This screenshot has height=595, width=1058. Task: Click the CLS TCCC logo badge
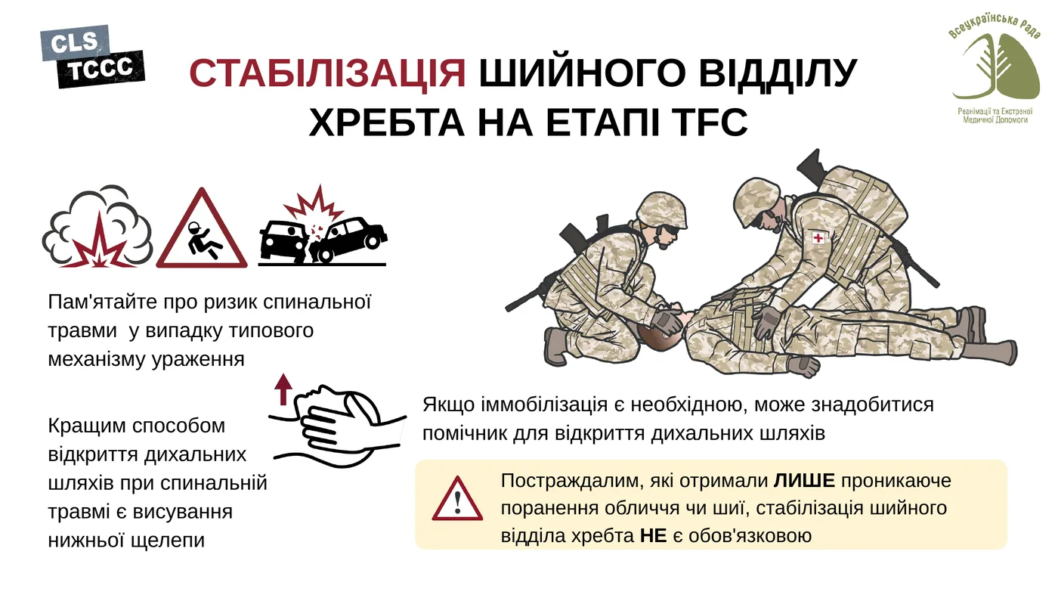pyautogui.click(x=91, y=56)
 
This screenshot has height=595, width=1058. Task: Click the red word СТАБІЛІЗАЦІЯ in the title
pyautogui.click(x=327, y=73)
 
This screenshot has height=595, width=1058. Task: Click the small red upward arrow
pyautogui.click(x=283, y=389)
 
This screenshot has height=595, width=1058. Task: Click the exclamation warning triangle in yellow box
pyautogui.click(x=457, y=500)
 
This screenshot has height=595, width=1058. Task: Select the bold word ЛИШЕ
pyautogui.click(x=804, y=481)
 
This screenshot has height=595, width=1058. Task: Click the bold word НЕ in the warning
pyautogui.click(x=653, y=535)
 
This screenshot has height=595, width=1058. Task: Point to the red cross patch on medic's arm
pyautogui.click(x=818, y=238)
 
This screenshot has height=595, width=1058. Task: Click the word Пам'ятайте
pyautogui.click(x=101, y=302)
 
